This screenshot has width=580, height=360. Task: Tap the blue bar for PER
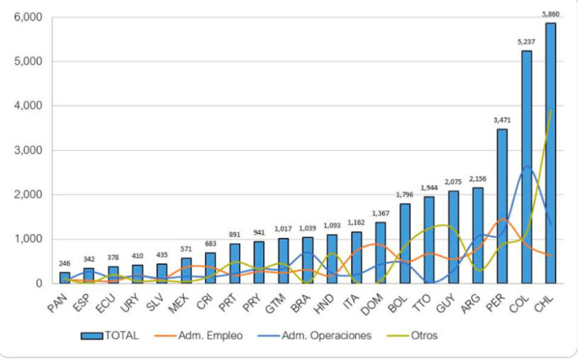point(502,206)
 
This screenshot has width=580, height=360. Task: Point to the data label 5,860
point(550,13)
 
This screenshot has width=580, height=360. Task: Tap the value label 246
point(65,263)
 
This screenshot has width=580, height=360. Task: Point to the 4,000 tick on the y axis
point(28,106)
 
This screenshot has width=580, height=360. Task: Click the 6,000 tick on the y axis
point(28,17)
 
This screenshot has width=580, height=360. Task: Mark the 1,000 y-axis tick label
point(28,239)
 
